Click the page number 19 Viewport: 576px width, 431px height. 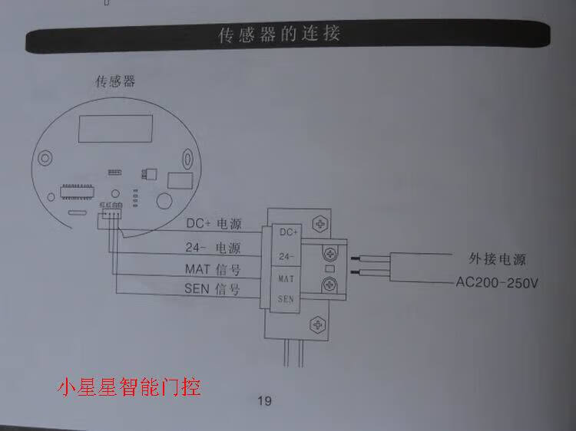pos(263,400)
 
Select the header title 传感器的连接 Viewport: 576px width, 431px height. pos(280,35)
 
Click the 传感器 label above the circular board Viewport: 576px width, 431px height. pos(116,82)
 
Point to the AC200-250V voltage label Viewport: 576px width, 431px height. pos(498,282)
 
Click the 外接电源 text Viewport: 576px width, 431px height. pos(497,258)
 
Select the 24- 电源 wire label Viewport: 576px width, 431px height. pos(213,248)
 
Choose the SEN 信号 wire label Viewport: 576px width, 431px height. pos(212,289)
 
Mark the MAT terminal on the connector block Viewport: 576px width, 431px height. pos(286,277)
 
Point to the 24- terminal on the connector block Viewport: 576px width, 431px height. pos(286,255)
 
